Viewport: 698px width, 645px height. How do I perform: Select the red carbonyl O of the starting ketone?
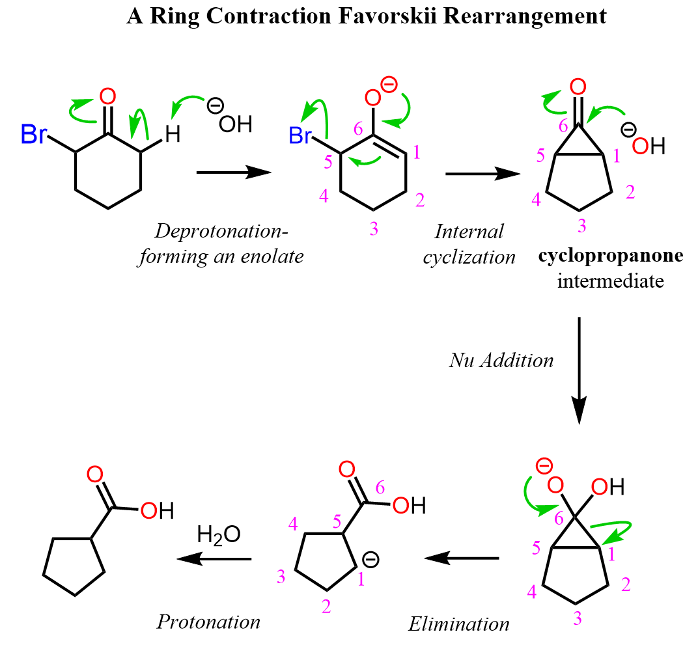click(108, 97)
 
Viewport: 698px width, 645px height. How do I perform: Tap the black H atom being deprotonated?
click(172, 135)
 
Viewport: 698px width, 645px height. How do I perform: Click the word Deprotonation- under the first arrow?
click(221, 231)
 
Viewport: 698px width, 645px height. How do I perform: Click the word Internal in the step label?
click(469, 232)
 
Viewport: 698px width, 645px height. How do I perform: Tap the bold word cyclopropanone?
click(611, 256)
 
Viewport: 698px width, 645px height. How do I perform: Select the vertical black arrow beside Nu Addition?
click(579, 370)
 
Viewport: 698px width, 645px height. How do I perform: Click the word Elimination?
click(459, 625)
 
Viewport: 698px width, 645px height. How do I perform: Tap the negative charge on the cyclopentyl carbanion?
click(370, 560)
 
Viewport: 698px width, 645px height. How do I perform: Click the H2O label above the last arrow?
click(219, 535)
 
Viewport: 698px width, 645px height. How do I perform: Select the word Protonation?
click(208, 622)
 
